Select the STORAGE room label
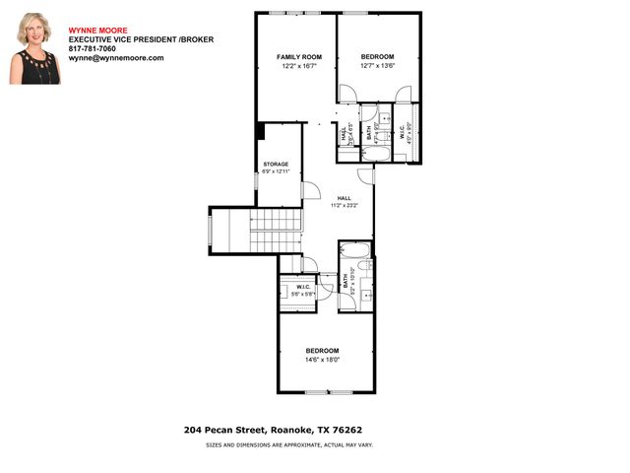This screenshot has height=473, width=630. (x=275, y=165)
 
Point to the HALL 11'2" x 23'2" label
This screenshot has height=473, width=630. (x=344, y=201)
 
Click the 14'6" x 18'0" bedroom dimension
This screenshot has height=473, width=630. (x=322, y=360)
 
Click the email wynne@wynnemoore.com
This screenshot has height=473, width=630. (x=116, y=58)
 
